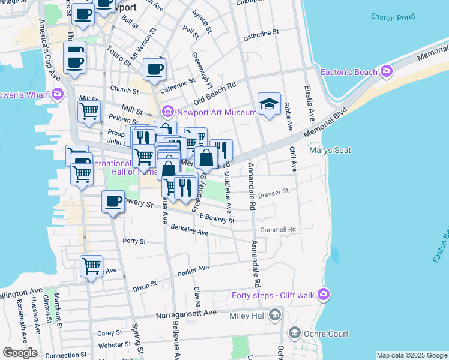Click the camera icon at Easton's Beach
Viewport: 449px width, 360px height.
[x=386, y=72]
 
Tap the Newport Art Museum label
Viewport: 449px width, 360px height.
[x=208, y=111]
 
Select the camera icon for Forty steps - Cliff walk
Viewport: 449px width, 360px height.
[x=324, y=294]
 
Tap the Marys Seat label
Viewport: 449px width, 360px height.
[x=330, y=150]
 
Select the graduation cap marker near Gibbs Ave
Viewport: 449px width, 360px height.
[x=270, y=104]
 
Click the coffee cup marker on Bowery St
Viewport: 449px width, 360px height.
[x=113, y=202]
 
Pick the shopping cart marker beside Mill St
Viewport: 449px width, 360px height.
[x=89, y=111]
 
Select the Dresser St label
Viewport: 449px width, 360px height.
[x=273, y=193]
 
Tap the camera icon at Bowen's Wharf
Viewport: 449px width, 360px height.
[x=58, y=93]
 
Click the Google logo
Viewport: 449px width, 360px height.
[x=20, y=353]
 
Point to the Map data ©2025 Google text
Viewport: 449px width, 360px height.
[x=412, y=355]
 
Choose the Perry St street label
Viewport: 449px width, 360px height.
[x=134, y=241]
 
